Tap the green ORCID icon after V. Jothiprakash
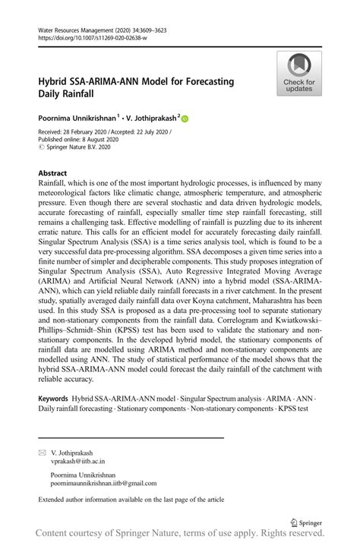point(185,118)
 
